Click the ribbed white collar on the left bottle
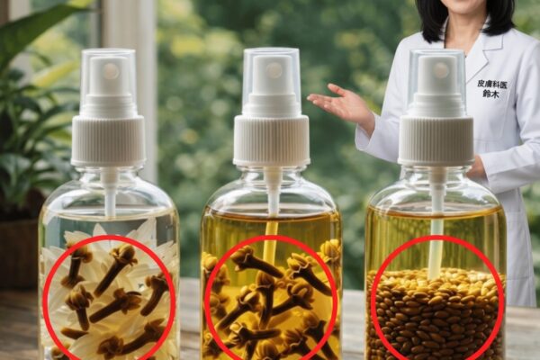click(x=108, y=139)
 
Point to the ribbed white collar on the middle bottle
click(x=272, y=139)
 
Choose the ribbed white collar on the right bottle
click(x=436, y=140)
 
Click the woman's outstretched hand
click(x=339, y=102)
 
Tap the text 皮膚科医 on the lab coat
click(x=492, y=84)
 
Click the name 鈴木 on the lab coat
click(x=490, y=94)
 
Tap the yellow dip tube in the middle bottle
click(x=272, y=238)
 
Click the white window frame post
click(x=129, y=86)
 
